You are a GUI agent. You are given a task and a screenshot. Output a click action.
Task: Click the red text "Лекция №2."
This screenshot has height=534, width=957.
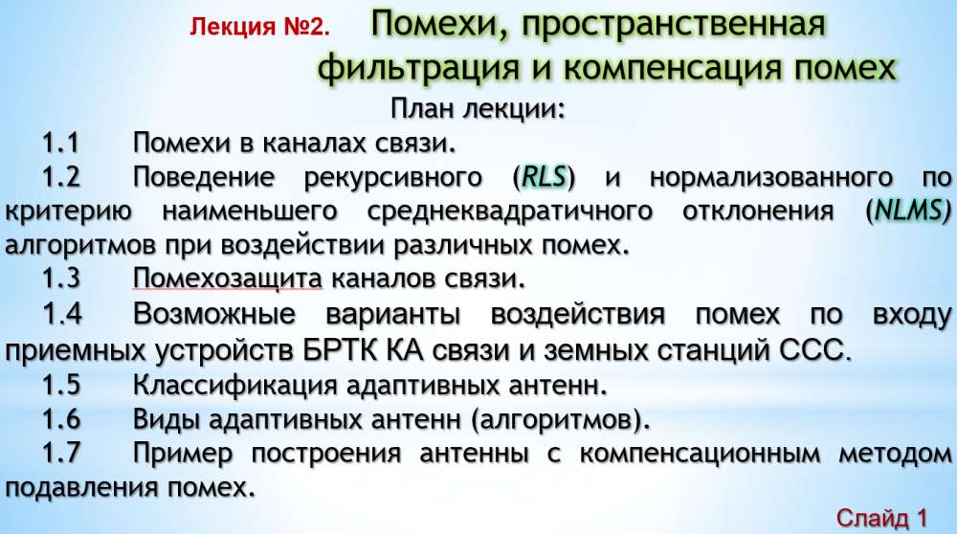pyautogui.click(x=259, y=27)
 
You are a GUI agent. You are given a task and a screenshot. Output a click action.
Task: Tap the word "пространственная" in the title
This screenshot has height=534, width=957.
pyautogui.click(x=674, y=25)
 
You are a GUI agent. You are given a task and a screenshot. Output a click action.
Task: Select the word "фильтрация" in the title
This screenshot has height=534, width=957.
pyautogui.click(x=418, y=67)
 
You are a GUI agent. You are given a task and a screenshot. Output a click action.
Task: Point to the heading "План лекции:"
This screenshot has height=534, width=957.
pyautogui.click(x=478, y=109)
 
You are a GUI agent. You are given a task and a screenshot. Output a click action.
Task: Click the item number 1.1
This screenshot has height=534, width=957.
pyautogui.click(x=61, y=143)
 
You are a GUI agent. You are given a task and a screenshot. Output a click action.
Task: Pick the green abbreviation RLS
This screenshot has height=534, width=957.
pyautogui.click(x=545, y=177)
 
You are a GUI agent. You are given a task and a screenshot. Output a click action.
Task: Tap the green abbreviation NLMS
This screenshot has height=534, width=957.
pyautogui.click(x=908, y=211)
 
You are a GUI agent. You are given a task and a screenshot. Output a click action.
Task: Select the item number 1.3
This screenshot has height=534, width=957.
pyautogui.click(x=61, y=278)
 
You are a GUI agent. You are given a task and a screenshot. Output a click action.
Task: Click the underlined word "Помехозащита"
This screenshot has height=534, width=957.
pyautogui.click(x=227, y=278)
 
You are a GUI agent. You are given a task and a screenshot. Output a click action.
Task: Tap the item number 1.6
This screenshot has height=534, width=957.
pyautogui.click(x=61, y=419)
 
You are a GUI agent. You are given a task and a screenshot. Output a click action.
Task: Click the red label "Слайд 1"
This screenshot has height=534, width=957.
pyautogui.click(x=881, y=518)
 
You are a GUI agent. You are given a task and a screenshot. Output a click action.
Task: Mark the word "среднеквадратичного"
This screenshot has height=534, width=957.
pyautogui.click(x=510, y=211)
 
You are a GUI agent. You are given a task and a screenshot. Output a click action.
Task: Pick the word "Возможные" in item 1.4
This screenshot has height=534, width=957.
pyautogui.click(x=214, y=314)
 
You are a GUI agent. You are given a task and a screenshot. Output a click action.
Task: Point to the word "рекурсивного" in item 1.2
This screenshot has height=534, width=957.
pyautogui.click(x=393, y=178)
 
